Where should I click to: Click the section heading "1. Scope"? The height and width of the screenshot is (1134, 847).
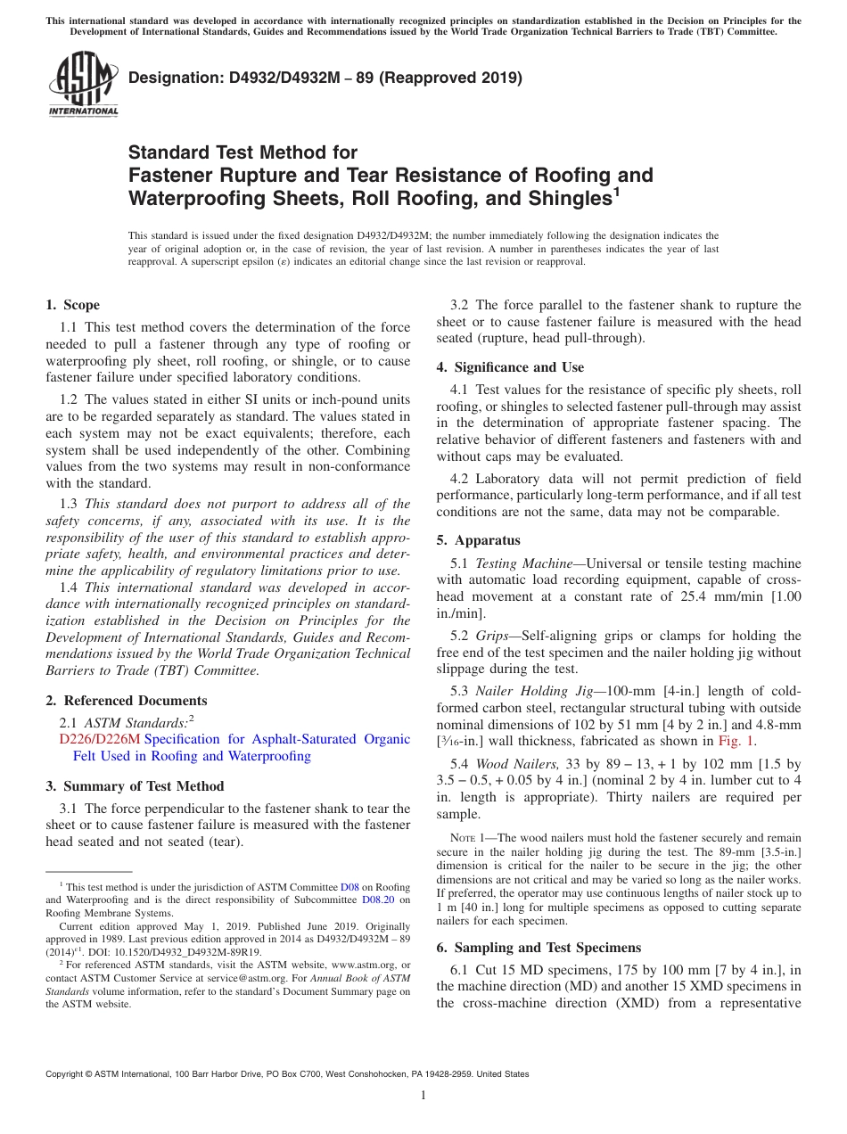[x=72, y=305]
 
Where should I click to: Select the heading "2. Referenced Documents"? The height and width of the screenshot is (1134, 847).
[x=126, y=701]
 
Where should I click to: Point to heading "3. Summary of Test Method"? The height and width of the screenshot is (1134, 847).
[x=135, y=786]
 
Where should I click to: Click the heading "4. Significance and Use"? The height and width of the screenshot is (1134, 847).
[x=510, y=367]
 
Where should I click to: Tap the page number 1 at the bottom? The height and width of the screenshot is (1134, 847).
[x=423, y=1096]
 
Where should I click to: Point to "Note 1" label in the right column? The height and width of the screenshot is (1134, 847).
[x=471, y=838]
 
